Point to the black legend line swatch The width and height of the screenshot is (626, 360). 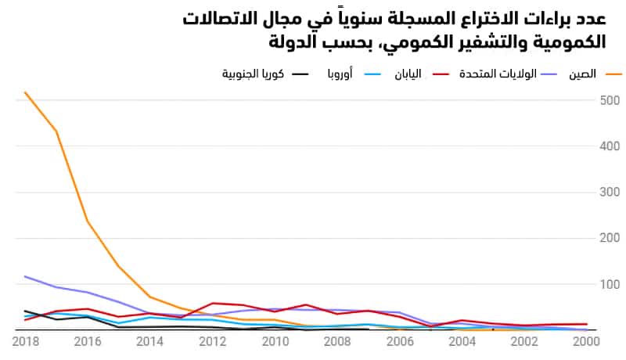pyautogui.click(x=300, y=74)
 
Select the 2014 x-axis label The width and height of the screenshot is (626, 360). pyautogui.click(x=149, y=342)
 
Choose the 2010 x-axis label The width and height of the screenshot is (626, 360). pyautogui.click(x=274, y=342)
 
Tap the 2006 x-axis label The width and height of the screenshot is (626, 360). pyautogui.click(x=399, y=342)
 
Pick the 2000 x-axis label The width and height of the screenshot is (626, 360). pyautogui.click(x=586, y=342)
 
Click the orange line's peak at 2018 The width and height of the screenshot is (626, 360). pyautogui.click(x=25, y=92)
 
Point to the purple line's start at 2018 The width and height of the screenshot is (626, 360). pyautogui.click(x=25, y=276)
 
